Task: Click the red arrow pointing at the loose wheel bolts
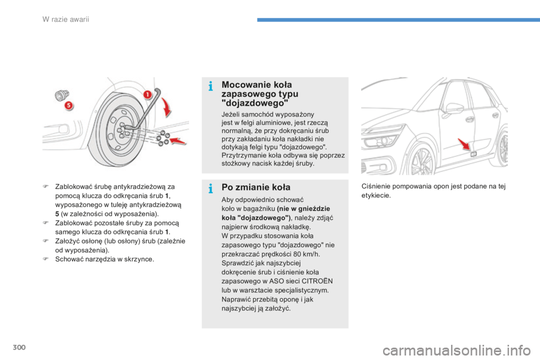point(177,141)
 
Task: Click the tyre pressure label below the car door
point(474,154)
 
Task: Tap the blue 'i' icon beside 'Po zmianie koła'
point(210,188)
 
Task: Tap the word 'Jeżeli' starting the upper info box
point(232,114)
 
